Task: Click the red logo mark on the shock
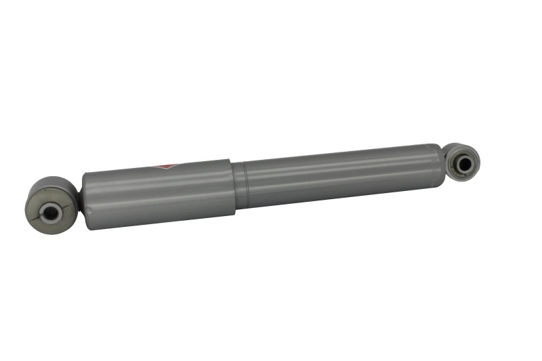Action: point(167,166)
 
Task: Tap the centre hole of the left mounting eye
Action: point(51,213)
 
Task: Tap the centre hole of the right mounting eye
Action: point(464,163)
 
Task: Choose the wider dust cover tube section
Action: point(159,194)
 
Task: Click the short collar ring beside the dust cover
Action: point(240,185)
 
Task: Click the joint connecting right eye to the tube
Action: point(445,163)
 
